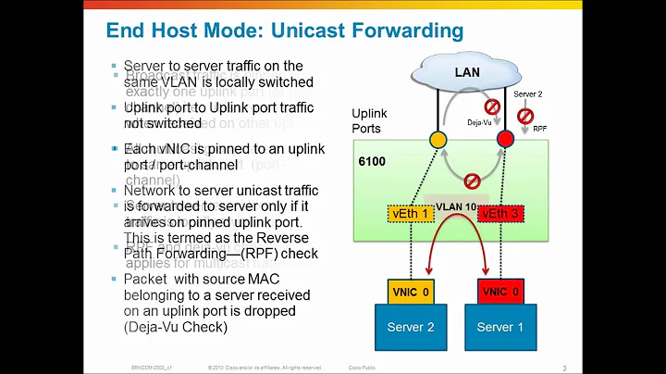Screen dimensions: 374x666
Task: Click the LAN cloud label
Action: (467, 71)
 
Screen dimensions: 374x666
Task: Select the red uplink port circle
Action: (505, 140)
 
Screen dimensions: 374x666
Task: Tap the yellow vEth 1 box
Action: (412, 215)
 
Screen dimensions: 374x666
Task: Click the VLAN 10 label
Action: (457, 206)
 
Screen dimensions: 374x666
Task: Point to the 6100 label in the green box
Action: (372, 160)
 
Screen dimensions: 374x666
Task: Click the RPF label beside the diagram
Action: (539, 130)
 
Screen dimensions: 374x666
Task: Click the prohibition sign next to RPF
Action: (524, 117)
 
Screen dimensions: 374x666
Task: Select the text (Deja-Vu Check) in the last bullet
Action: (175, 328)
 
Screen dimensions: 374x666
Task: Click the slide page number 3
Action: (564, 368)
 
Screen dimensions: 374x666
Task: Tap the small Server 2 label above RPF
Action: (527, 95)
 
